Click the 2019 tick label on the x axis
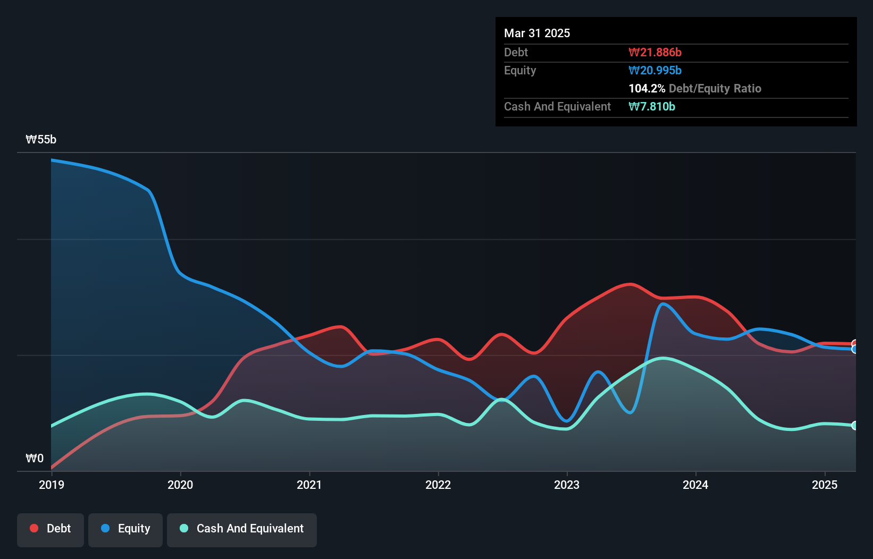click(x=52, y=485)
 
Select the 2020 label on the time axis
click(x=180, y=485)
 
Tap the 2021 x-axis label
click(x=309, y=485)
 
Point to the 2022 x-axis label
click(x=438, y=485)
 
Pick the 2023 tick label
click(x=567, y=485)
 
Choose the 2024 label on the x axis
click(x=695, y=485)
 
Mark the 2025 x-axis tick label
click(x=825, y=485)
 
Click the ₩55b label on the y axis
click(x=41, y=140)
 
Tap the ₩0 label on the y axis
click(x=35, y=458)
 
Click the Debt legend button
click(x=51, y=529)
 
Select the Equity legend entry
click(x=125, y=529)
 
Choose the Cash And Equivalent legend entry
click(x=242, y=529)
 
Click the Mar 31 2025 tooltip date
click(x=537, y=33)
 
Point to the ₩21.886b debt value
click(x=655, y=52)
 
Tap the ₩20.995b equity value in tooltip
click(x=655, y=70)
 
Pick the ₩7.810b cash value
click(x=652, y=106)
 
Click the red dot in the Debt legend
click(x=34, y=528)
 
